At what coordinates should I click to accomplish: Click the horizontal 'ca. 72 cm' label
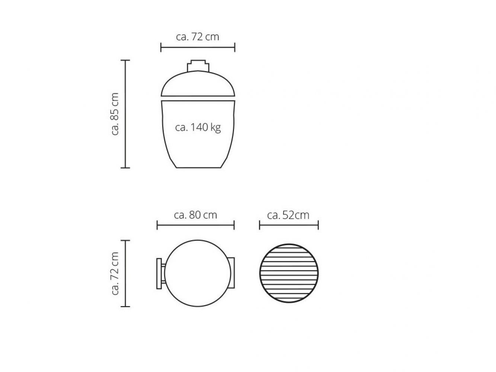[x=197, y=37]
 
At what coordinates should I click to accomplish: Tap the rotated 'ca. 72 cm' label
[x=115, y=273]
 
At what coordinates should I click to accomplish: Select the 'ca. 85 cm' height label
[x=115, y=114]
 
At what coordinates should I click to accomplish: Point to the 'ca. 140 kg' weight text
[x=198, y=128]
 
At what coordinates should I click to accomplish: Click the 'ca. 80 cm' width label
[x=195, y=215]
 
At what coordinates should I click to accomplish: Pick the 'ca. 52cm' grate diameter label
[x=288, y=215]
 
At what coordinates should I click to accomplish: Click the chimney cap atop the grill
[x=198, y=66]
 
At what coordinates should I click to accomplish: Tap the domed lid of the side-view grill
[x=198, y=84]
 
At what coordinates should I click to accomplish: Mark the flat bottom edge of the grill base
[x=198, y=168]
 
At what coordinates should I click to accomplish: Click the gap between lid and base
[x=198, y=99]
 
